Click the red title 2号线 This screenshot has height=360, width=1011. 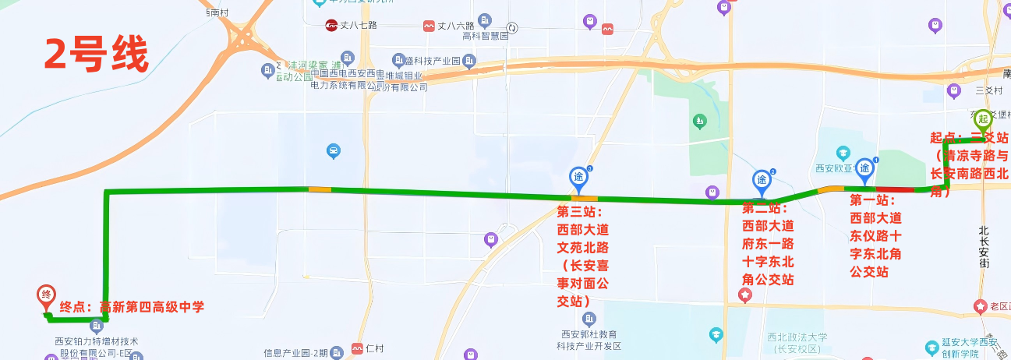(x=95, y=54)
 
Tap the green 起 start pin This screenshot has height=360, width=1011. (x=983, y=120)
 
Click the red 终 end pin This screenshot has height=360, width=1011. (x=46, y=296)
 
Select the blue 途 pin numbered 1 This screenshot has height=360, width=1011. (x=865, y=168)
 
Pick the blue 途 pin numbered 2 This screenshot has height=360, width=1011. (x=762, y=179)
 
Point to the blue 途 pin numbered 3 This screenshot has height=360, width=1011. (x=578, y=178)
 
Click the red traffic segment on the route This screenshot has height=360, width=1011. (x=895, y=189)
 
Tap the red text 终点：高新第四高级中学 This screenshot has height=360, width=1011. (x=132, y=307)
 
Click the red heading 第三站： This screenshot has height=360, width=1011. (x=581, y=212)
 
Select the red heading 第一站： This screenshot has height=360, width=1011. (x=872, y=199)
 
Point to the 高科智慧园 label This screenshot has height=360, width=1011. (x=485, y=36)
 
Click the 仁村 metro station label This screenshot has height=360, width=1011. (x=374, y=348)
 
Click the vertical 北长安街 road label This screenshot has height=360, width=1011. (x=984, y=247)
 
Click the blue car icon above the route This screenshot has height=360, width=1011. (x=333, y=151)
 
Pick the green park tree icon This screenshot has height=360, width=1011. (x=700, y=122)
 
